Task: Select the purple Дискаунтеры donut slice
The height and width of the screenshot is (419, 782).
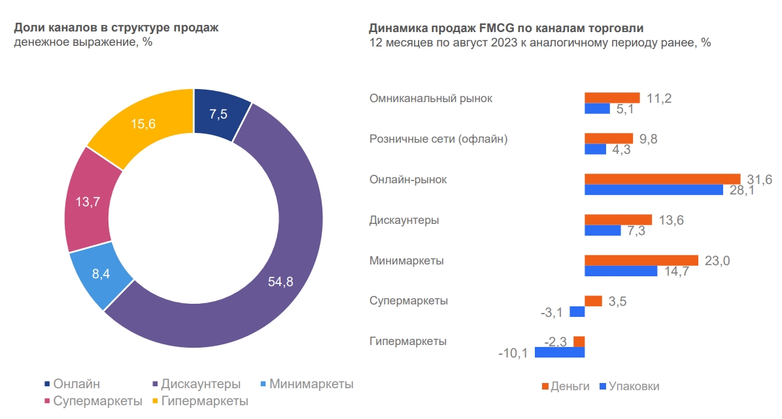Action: (x=288, y=262)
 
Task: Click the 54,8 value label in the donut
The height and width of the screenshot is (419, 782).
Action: (x=280, y=282)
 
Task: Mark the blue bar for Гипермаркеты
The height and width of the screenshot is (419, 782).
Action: (x=560, y=352)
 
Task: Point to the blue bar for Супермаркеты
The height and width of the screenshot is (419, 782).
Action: (x=577, y=312)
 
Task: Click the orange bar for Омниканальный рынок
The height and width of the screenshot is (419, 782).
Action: (x=612, y=98)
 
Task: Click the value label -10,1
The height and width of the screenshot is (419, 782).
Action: (x=514, y=354)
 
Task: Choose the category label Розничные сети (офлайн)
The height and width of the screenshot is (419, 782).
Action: (x=439, y=139)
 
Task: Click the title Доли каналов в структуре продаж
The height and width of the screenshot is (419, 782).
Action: (x=116, y=27)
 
